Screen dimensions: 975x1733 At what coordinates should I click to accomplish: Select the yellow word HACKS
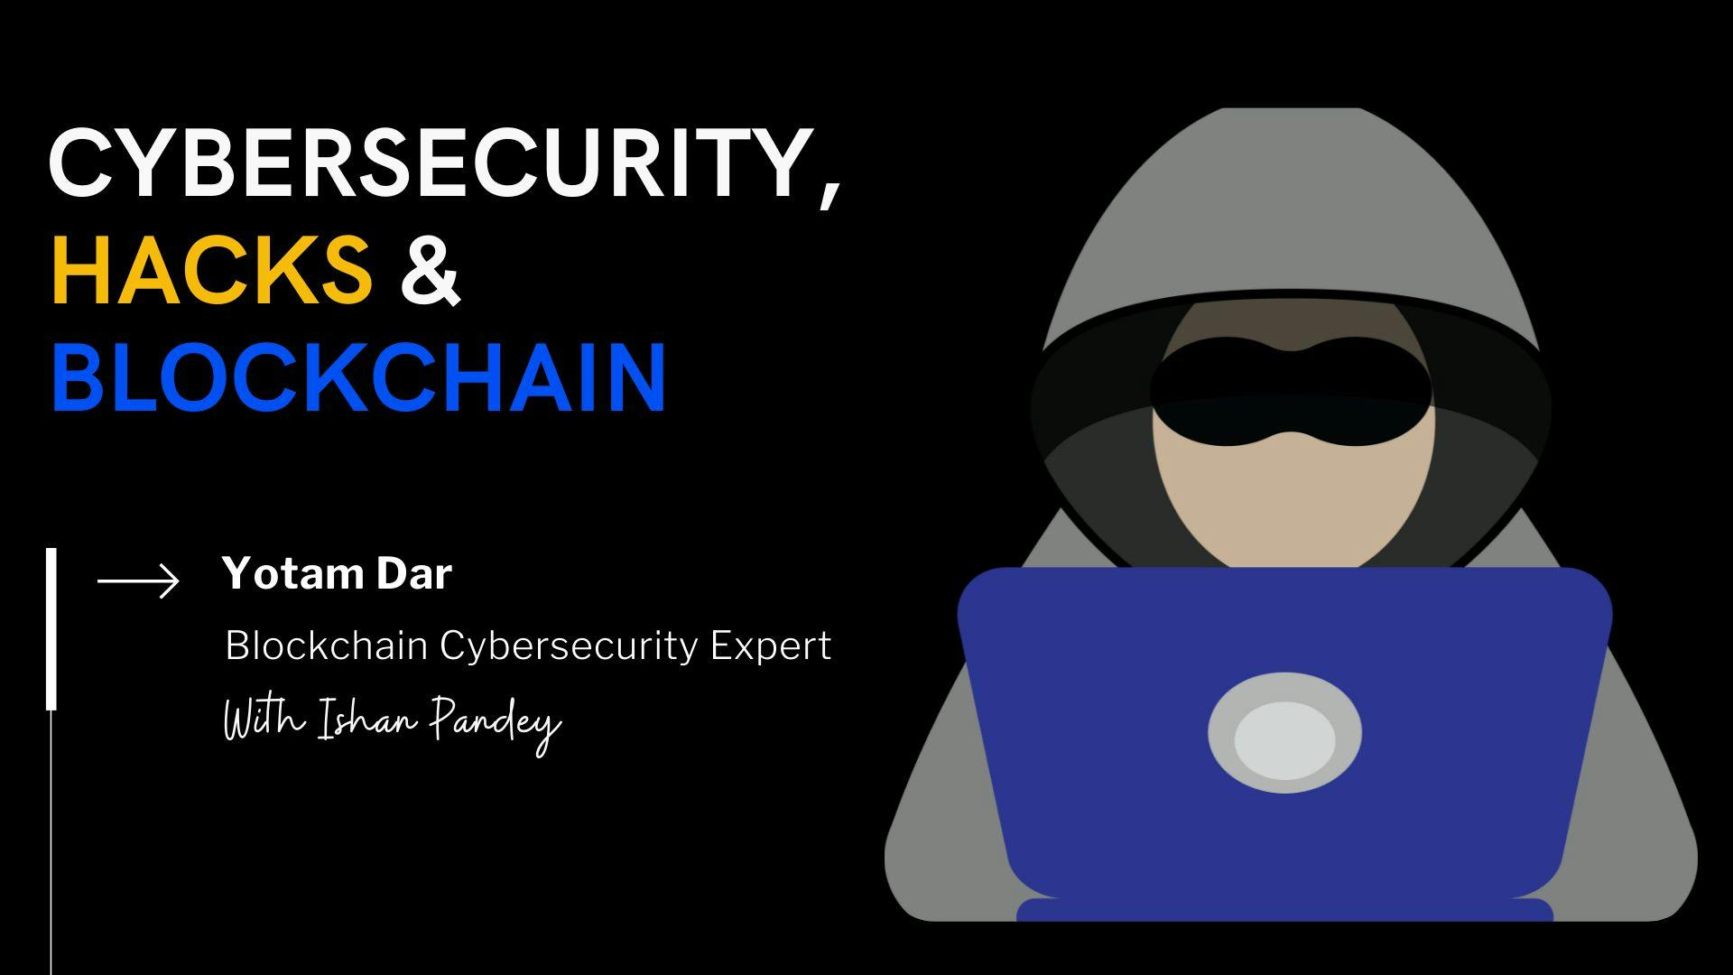[211, 268]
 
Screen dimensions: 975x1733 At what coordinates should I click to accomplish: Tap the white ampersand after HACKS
[431, 270]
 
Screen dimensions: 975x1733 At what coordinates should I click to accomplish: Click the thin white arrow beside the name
[138, 580]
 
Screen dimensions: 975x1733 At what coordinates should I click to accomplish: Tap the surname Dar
[415, 573]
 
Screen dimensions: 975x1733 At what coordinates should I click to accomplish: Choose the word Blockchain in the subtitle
[326, 646]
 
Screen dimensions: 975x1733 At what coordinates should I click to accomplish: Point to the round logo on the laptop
[1284, 734]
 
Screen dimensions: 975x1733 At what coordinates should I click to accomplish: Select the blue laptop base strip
[1284, 909]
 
